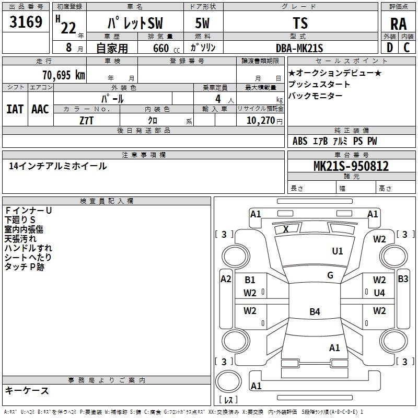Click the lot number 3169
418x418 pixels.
click(x=26, y=24)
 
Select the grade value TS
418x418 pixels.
click(x=300, y=24)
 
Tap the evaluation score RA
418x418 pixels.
click(x=398, y=24)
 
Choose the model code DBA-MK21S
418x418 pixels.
click(x=300, y=48)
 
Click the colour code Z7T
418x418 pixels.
click(x=87, y=120)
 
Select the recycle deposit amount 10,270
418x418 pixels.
click(x=260, y=120)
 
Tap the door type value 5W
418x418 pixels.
click(x=203, y=24)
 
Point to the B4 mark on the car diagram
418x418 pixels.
click(x=315, y=312)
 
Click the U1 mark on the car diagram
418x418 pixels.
click(x=338, y=251)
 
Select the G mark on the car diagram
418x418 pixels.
click(x=330, y=275)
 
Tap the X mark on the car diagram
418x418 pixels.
click(x=286, y=229)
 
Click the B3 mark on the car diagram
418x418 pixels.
click(x=403, y=279)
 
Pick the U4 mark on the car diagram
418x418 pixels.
click(x=379, y=293)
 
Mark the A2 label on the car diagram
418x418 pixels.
click(x=226, y=279)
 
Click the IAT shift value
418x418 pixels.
click(x=15, y=109)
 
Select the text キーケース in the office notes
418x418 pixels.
click(x=27, y=390)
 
